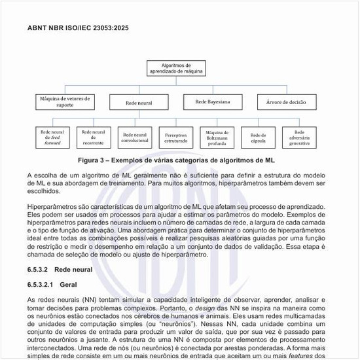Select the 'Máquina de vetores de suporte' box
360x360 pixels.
[x=65, y=101]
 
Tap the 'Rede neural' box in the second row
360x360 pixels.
[x=139, y=103]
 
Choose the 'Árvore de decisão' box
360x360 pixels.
[x=287, y=102]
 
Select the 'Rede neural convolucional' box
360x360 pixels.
[x=135, y=137]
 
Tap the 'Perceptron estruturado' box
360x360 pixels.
[x=175, y=137]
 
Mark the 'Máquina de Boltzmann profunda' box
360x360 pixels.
[x=217, y=137]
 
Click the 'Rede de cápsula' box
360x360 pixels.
[x=258, y=137]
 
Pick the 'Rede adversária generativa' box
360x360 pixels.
[x=299, y=137]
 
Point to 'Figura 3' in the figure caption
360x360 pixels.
[x=94, y=159]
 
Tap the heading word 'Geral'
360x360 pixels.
[x=69, y=285]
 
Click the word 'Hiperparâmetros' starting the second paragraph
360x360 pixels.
[x=53, y=207]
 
